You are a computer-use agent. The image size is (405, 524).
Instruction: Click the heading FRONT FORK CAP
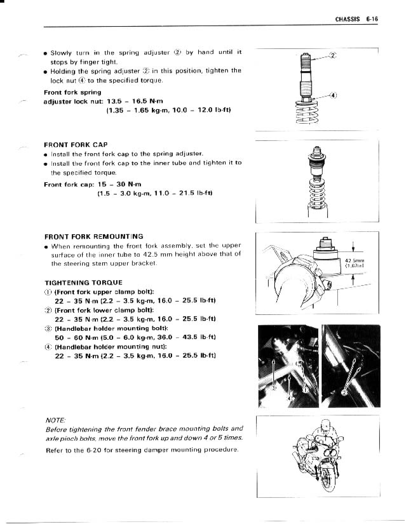76,145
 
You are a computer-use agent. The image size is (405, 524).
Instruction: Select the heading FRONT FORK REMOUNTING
94,237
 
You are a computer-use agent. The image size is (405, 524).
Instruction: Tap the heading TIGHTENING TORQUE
83,283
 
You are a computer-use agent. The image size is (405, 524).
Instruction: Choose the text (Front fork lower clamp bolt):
105,310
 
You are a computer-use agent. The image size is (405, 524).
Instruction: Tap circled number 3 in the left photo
273,388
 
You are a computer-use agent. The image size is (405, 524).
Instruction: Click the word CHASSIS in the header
347,19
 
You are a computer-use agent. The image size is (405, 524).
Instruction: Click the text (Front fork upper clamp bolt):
105,292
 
